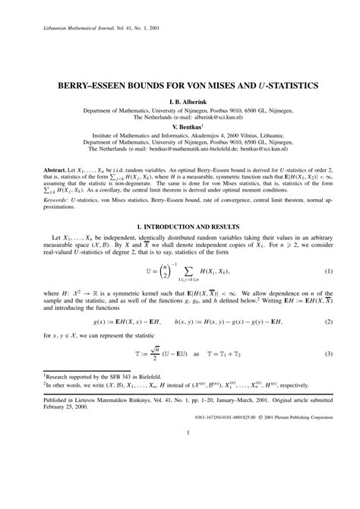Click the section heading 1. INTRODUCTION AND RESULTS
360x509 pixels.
(180, 227)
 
